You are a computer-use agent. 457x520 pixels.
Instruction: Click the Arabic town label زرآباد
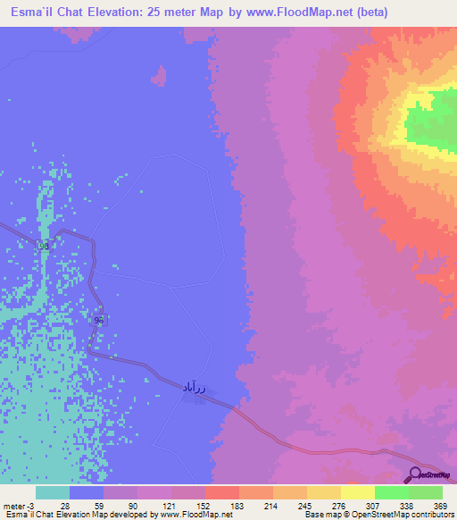(195, 386)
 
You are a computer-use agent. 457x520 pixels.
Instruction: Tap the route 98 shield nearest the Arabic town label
(99, 320)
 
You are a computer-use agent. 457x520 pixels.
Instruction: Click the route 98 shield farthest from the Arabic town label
(44, 246)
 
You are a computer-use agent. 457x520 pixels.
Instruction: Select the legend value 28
(64, 505)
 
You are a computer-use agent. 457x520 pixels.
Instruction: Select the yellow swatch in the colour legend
(358, 492)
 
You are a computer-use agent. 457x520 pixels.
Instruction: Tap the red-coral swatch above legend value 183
(222, 492)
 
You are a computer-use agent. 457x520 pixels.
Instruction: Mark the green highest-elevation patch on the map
(433, 121)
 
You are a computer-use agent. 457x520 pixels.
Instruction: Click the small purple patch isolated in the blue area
(160, 76)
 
